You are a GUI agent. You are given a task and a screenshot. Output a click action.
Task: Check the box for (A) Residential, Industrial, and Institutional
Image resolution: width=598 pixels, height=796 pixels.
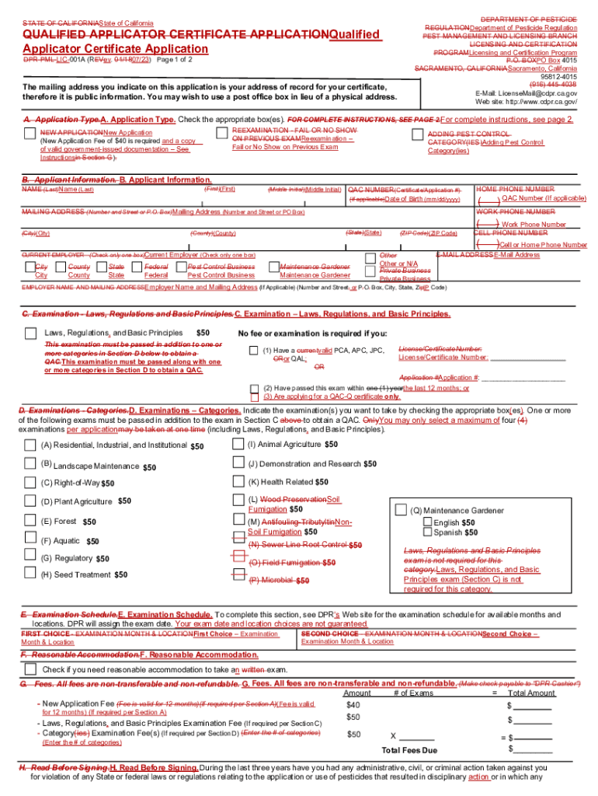click(x=30, y=445)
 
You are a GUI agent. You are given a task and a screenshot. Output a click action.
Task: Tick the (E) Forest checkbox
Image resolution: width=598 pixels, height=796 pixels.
click(x=30, y=520)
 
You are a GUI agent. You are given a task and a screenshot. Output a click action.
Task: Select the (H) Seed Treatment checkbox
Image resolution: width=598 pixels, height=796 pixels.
click(x=30, y=574)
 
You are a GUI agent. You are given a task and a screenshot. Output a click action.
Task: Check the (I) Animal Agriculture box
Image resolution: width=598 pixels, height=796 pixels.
click(x=238, y=444)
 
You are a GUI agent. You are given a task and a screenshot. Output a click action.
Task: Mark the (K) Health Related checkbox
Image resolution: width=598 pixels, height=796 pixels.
click(x=238, y=481)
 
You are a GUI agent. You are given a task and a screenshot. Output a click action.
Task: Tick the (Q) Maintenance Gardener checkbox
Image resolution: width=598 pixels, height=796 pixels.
click(x=401, y=510)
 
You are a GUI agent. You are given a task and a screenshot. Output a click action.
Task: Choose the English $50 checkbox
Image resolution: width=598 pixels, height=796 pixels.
click(x=427, y=522)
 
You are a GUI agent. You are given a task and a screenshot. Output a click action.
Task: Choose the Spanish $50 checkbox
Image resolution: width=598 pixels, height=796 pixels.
click(x=427, y=532)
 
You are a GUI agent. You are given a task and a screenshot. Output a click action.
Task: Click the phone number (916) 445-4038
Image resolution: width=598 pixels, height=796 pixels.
click(x=552, y=84)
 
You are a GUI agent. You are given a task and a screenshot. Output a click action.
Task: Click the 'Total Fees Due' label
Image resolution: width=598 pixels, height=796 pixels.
click(x=409, y=750)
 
